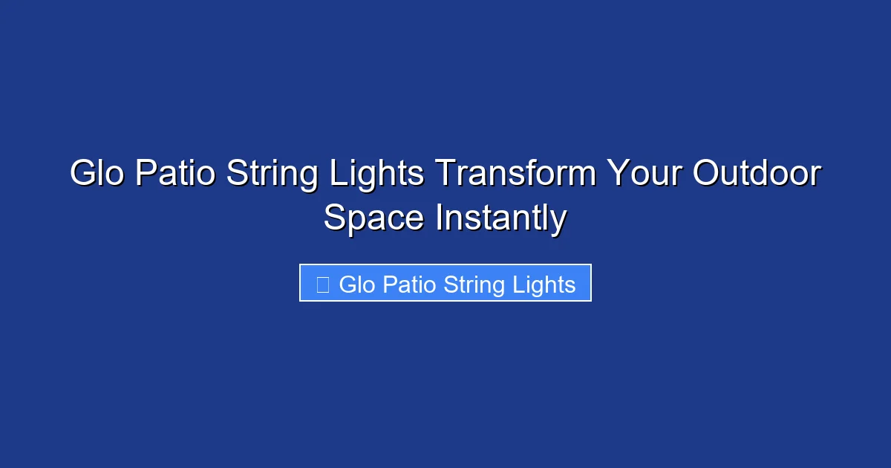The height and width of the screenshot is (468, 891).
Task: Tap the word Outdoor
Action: coord(757,175)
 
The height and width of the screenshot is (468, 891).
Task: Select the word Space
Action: coord(374,219)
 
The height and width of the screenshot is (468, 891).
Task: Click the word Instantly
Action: coord(501,219)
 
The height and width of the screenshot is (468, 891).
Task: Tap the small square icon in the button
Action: coord(322,285)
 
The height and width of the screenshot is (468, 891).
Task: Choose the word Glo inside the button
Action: coord(357,285)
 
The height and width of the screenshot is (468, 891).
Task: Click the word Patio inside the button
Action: coord(409,285)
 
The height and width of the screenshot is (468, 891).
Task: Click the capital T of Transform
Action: coord(444,175)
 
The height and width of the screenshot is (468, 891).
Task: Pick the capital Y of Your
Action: coord(618,175)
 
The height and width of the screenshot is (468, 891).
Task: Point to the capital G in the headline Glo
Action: coord(83,175)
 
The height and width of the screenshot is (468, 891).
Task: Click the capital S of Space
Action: coord(336,219)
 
